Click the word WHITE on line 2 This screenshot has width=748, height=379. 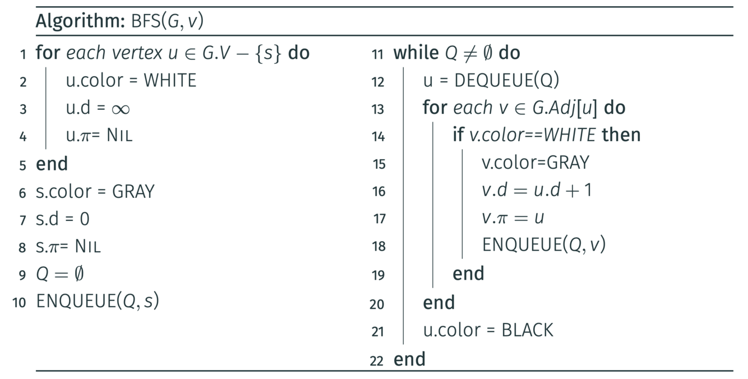[170, 81]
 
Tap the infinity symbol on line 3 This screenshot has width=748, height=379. [120, 109]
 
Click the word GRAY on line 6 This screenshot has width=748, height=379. [133, 192]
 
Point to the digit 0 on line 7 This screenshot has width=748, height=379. [84, 219]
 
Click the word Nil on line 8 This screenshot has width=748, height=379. [88, 246]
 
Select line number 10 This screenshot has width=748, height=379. [19, 303]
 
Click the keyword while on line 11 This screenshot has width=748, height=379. [416, 53]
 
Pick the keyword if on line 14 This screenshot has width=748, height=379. [458, 135]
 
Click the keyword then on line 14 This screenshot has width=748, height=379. [621, 135]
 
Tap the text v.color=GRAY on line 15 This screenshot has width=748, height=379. [535, 163]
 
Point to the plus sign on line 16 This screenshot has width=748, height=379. [572, 191]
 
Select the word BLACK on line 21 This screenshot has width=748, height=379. [527, 330]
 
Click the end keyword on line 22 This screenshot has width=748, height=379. [409, 359]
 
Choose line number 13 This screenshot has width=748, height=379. [378, 109]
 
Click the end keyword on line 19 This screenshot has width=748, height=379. [468, 274]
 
